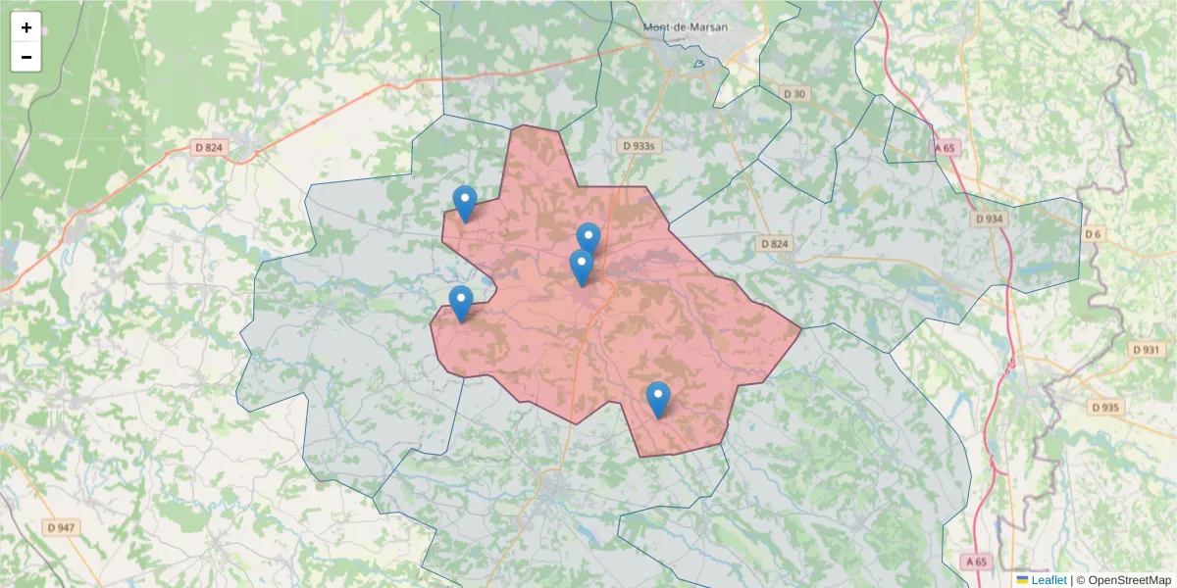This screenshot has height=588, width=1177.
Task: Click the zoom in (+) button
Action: pyautogui.click(x=26, y=27)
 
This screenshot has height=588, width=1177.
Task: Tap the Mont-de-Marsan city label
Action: pyautogui.click(x=686, y=26)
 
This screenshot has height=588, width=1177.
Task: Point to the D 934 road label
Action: pyautogui.click(x=990, y=220)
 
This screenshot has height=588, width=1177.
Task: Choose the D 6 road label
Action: pyautogui.click(x=1094, y=234)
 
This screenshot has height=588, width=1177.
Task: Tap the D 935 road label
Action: pyautogui.click(x=1104, y=407)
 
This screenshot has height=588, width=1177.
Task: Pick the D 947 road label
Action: pyautogui.click(x=61, y=527)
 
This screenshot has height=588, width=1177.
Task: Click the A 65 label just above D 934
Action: pyautogui.click(x=945, y=148)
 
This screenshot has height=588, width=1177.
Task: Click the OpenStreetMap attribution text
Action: pyautogui.click(x=1129, y=580)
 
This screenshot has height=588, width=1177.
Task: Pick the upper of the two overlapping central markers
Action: pyautogui.click(x=588, y=238)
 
